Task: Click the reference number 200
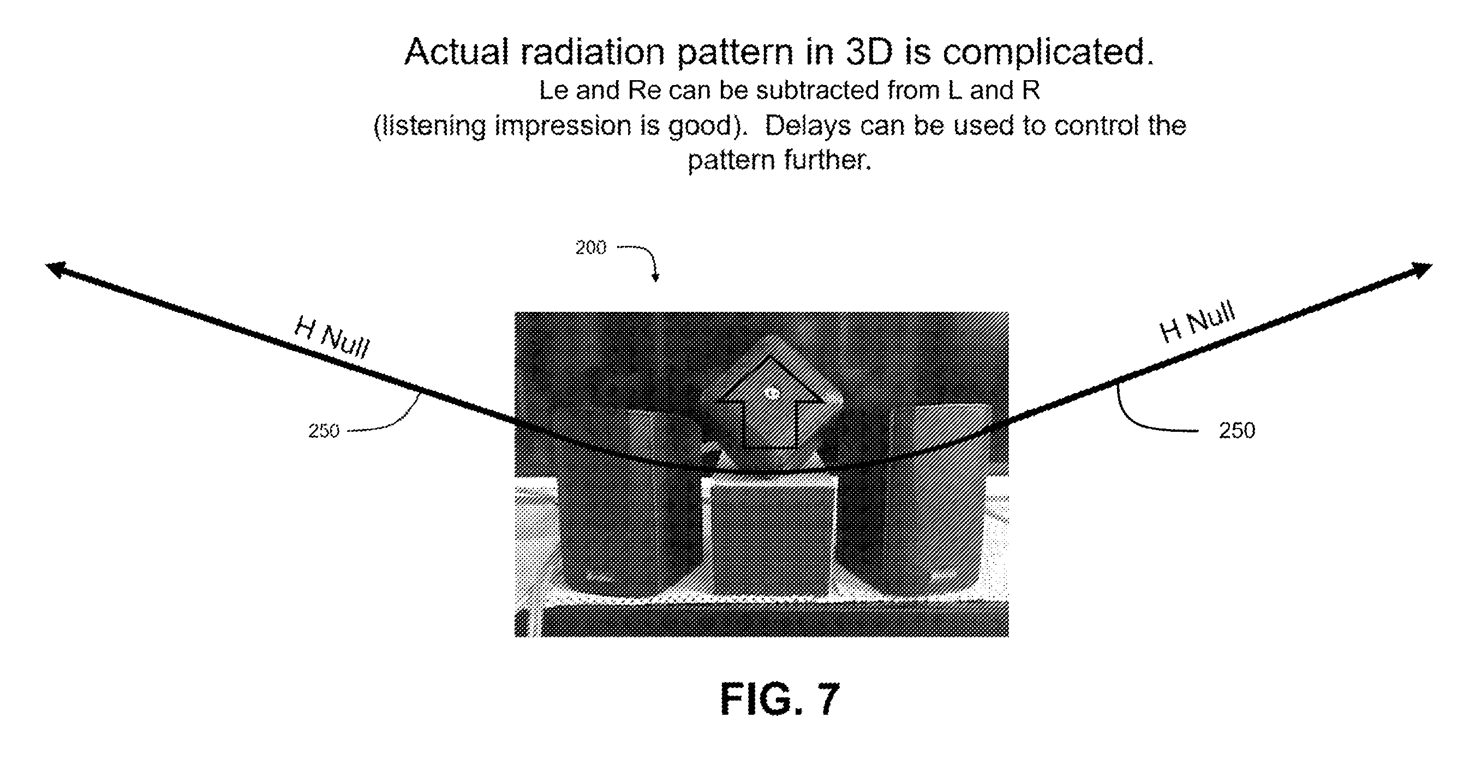click(590, 248)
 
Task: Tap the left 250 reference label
click(324, 430)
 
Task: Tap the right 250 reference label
click(1237, 430)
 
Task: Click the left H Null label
click(332, 337)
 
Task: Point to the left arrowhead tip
click(46, 265)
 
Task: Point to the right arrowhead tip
click(1432, 265)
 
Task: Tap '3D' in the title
click(869, 52)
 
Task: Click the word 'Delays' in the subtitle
click(808, 126)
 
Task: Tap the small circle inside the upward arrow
click(772, 394)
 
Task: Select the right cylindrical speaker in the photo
click(911, 500)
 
